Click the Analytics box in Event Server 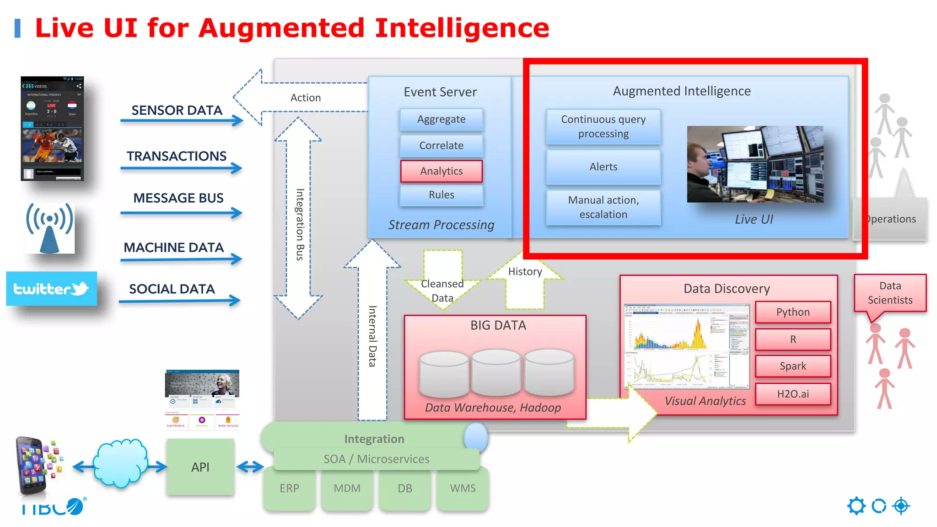(x=441, y=171)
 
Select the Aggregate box (x=441, y=119)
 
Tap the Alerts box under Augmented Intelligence (x=603, y=167)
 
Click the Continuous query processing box (x=603, y=127)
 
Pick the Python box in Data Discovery (x=792, y=312)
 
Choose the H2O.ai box (x=792, y=394)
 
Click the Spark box (x=792, y=366)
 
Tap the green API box (x=200, y=467)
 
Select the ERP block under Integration (x=289, y=489)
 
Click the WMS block (x=463, y=489)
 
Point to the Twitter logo (x=51, y=289)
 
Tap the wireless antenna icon (x=49, y=228)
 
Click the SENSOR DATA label (x=177, y=110)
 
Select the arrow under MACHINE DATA (x=181, y=259)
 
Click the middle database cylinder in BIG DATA (x=496, y=371)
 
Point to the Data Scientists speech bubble (x=889, y=293)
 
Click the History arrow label (x=525, y=272)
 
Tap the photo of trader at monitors (x=755, y=164)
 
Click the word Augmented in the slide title (x=281, y=28)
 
